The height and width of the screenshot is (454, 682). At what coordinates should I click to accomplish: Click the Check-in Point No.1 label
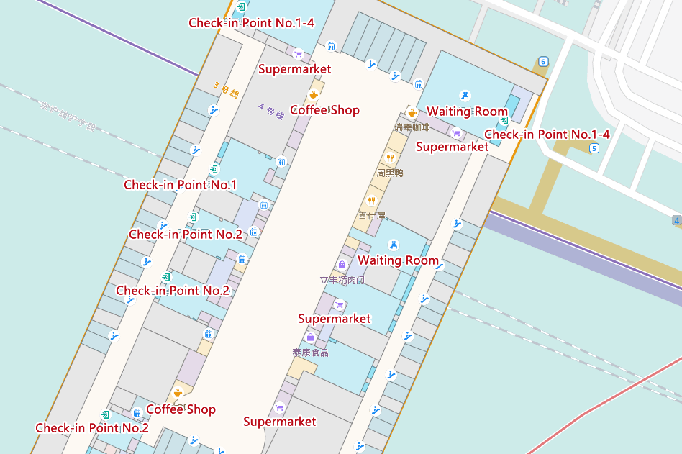click(180, 185)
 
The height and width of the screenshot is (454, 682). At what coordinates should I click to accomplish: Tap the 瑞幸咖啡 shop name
click(412, 127)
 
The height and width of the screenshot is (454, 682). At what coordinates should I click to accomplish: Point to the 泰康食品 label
click(310, 353)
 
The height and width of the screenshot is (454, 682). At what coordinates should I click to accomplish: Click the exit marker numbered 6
click(543, 61)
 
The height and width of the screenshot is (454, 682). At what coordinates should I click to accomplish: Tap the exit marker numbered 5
click(594, 148)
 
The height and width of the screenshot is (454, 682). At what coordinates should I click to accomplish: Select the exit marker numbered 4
click(677, 219)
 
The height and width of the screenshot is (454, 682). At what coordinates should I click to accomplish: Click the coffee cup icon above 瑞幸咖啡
click(412, 112)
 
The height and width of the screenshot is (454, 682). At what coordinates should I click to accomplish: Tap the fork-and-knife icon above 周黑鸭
click(390, 158)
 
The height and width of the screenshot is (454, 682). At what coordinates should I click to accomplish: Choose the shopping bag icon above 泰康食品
click(310, 337)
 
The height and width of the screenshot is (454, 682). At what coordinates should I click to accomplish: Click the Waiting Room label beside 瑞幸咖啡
click(467, 112)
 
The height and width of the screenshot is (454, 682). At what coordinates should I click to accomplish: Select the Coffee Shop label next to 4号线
click(324, 110)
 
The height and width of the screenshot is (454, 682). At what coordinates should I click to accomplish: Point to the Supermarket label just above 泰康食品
click(335, 319)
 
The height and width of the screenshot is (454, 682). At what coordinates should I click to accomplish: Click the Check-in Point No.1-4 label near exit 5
click(547, 135)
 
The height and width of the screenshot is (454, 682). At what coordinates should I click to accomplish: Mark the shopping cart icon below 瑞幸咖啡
click(456, 132)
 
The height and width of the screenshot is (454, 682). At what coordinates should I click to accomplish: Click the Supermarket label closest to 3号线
click(294, 69)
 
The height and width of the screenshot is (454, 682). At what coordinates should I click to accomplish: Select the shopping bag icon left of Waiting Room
click(342, 265)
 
